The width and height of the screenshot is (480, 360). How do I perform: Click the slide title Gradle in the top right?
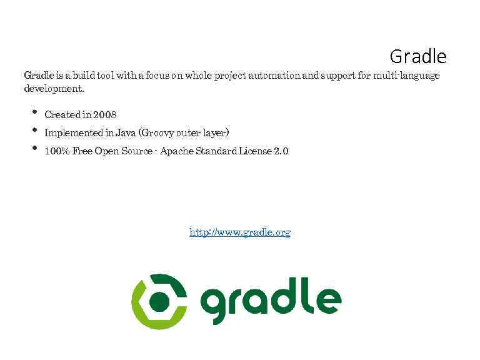click(x=417, y=57)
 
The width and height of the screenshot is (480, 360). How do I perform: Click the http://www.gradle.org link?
click(x=240, y=232)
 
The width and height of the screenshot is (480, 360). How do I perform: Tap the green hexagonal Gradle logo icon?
click(x=159, y=301)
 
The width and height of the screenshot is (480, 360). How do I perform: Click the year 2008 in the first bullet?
click(x=104, y=115)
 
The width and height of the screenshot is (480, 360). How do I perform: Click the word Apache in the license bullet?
click(x=178, y=151)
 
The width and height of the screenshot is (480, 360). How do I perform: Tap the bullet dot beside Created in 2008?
click(x=33, y=113)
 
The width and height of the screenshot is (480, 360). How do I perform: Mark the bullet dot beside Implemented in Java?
click(x=33, y=131)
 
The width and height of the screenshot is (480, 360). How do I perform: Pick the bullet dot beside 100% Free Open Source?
click(x=33, y=149)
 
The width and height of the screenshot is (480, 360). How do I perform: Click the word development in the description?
click(x=52, y=89)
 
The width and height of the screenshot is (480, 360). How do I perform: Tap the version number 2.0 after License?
click(x=281, y=151)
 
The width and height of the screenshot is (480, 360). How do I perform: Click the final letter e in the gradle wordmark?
click(x=329, y=301)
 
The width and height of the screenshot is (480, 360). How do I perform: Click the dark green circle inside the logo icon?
click(x=161, y=301)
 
